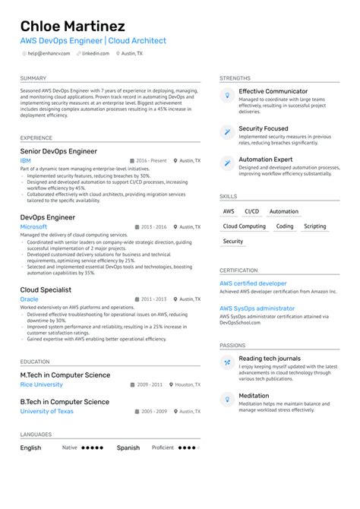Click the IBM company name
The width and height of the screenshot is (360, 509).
pos(26,161)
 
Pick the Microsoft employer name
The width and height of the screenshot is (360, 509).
pos(33,226)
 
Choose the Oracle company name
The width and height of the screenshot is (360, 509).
pos(29,299)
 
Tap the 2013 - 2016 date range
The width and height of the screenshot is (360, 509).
pos(153,226)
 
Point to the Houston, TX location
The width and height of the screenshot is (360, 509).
pos(188,384)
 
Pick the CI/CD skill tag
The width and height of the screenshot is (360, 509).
pos(251,211)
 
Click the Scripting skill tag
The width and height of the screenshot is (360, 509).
pos(314,226)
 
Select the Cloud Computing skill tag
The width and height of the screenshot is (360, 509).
pos(244,226)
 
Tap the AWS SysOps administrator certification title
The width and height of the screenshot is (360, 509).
pos(257,308)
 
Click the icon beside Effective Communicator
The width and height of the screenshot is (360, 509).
pos(226,95)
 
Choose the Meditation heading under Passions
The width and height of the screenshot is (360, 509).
pos(254,395)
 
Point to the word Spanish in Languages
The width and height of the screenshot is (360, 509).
pos(128,448)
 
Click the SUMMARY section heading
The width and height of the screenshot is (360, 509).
pos(33,78)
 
